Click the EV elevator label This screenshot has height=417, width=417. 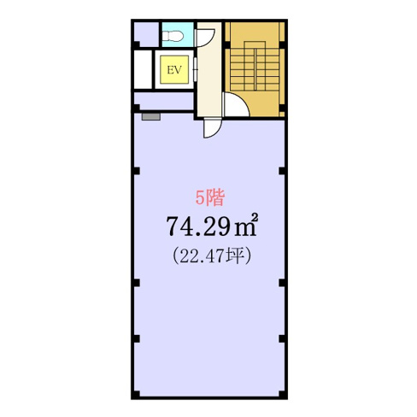(x=175, y=69)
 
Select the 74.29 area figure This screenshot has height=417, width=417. (x=197, y=226)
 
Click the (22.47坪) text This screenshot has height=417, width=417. (x=209, y=255)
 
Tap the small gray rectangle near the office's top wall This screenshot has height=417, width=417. (x=151, y=116)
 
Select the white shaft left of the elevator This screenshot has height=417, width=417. (x=141, y=69)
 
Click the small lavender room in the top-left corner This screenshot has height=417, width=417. (x=144, y=35)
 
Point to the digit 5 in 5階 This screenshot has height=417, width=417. (x=200, y=199)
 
